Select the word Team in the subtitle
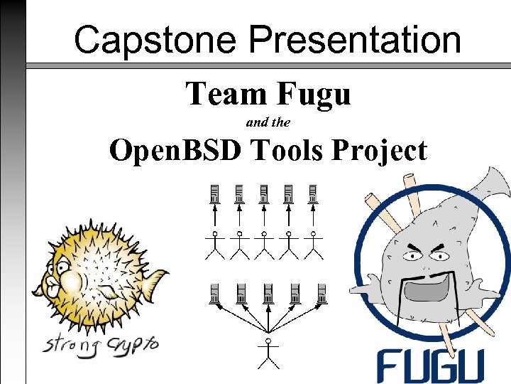click(226, 94)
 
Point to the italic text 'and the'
click(268, 122)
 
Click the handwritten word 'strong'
click(71, 346)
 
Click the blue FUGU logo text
click(429, 365)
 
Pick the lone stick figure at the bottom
click(268, 353)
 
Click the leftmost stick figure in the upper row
click(214, 244)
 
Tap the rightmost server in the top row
click(313, 193)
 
